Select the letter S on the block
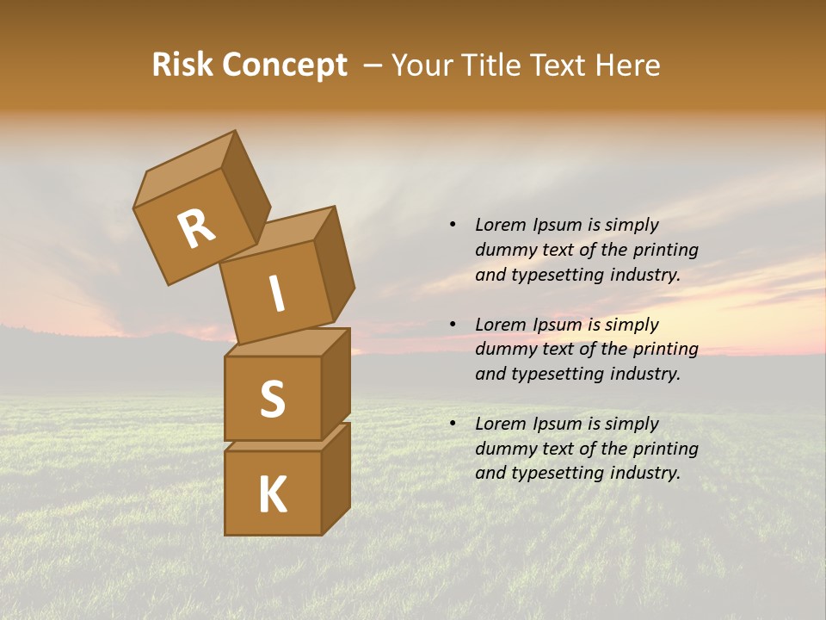tap(272, 399)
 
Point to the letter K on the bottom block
tap(272, 495)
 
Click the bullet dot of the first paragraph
tap(453, 225)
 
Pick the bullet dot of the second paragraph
tap(453, 325)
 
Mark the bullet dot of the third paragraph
tap(453, 424)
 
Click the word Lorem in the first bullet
tap(499, 225)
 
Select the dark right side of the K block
tap(336, 478)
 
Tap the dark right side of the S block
tap(336, 383)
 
